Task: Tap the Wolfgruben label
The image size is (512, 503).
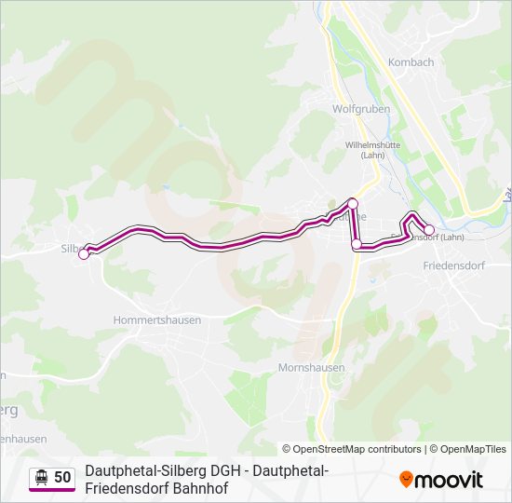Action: tap(361, 109)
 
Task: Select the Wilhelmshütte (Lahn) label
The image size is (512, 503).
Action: tap(372, 150)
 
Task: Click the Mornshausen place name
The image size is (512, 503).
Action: tap(311, 368)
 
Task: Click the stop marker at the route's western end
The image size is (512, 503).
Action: tap(84, 253)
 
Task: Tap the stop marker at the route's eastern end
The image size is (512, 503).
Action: tap(429, 230)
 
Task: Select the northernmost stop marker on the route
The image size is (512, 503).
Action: tap(353, 203)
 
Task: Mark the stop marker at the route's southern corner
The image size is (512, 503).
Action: tap(357, 244)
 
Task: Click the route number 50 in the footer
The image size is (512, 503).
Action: tap(62, 477)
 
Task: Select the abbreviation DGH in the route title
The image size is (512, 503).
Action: tap(222, 470)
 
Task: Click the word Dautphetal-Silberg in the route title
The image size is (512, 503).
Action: tap(142, 470)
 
